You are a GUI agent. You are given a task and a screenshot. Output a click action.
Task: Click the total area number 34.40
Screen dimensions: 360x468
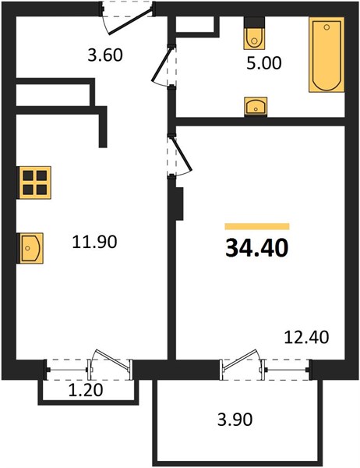(x=257, y=248)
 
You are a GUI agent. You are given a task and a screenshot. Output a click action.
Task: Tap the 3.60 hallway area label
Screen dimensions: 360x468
(x=105, y=55)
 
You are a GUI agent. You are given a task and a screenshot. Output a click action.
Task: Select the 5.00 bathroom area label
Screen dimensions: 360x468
(x=264, y=63)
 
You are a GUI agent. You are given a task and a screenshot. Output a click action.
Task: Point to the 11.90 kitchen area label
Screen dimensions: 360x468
(x=94, y=242)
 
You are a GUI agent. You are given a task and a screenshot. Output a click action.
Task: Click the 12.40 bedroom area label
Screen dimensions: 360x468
(x=306, y=337)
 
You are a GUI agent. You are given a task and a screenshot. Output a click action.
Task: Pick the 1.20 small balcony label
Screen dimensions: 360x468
(x=86, y=390)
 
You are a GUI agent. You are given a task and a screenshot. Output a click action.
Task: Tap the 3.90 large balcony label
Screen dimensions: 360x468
(x=235, y=419)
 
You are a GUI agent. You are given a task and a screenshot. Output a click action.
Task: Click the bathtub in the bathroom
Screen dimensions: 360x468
(x=326, y=55)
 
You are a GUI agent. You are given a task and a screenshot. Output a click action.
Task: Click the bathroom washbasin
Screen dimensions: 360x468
(x=256, y=107)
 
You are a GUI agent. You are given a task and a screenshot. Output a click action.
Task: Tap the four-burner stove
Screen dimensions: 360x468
(x=35, y=183)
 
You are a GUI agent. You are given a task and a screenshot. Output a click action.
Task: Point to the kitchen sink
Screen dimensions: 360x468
(x=30, y=248)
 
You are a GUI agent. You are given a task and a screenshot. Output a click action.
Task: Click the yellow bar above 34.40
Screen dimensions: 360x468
(x=257, y=226)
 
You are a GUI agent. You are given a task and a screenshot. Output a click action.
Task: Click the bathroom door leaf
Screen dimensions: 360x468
(x=162, y=63)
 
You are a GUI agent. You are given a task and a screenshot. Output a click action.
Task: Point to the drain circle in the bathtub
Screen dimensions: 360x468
(x=326, y=27)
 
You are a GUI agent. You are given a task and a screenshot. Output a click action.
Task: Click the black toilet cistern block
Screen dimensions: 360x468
(x=255, y=23)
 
